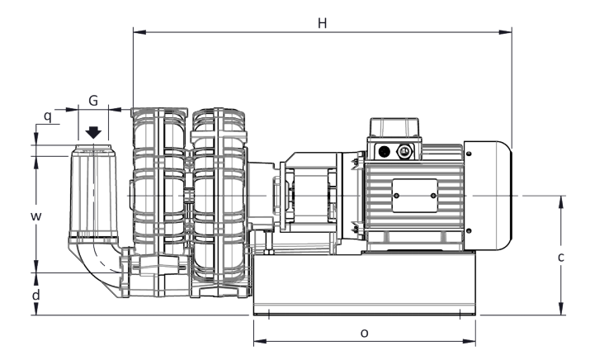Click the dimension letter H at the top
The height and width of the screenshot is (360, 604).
[323, 22]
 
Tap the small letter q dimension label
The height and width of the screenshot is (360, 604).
[48, 116]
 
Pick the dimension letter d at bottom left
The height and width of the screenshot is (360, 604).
[35, 293]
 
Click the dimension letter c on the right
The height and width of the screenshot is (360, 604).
[561, 257]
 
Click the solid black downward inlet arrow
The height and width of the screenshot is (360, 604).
[93, 132]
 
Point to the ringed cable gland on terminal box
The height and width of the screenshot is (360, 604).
[404, 151]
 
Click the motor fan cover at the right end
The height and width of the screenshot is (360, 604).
[488, 195]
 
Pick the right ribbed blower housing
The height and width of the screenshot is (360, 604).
[218, 202]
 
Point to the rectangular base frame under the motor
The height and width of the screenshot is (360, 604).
[364, 285]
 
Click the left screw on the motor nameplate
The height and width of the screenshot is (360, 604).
[397, 195]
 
